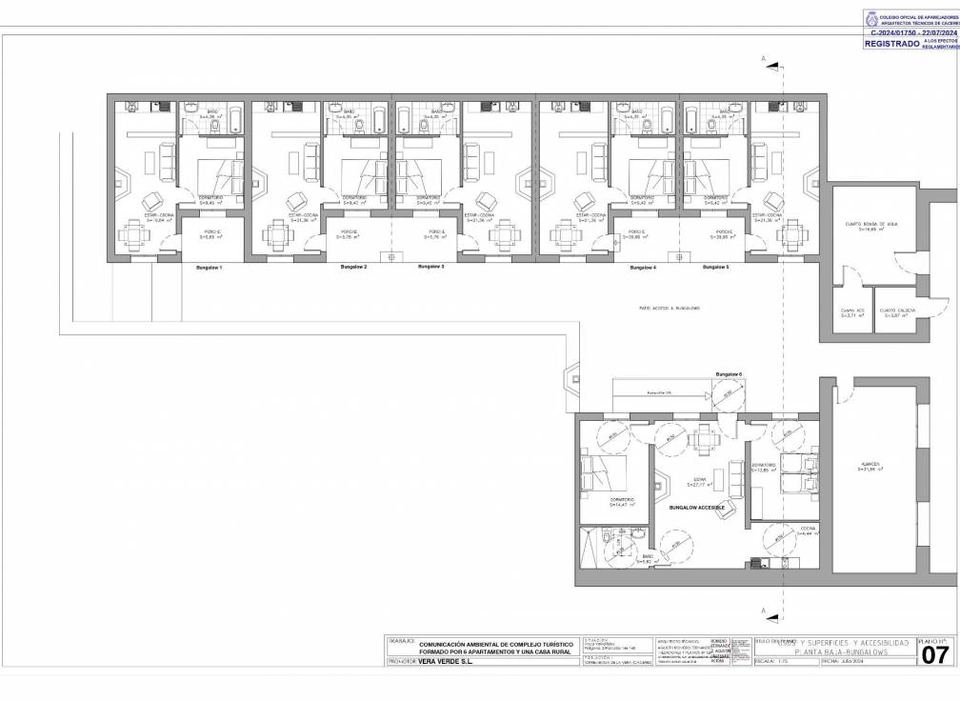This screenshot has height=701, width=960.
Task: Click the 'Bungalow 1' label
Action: coord(209,268)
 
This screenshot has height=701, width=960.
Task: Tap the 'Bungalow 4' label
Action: coord(643,268)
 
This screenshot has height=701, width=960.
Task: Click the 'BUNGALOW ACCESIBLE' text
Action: coord(697,508)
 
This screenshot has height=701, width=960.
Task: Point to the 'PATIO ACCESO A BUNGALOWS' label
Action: coord(670,309)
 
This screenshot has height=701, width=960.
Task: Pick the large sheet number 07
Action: coord(937,661)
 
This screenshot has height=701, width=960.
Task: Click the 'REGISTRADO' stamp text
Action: coord(891,44)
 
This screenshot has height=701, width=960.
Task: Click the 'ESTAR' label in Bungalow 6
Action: coord(697,479)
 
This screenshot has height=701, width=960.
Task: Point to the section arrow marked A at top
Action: coord(773,63)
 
